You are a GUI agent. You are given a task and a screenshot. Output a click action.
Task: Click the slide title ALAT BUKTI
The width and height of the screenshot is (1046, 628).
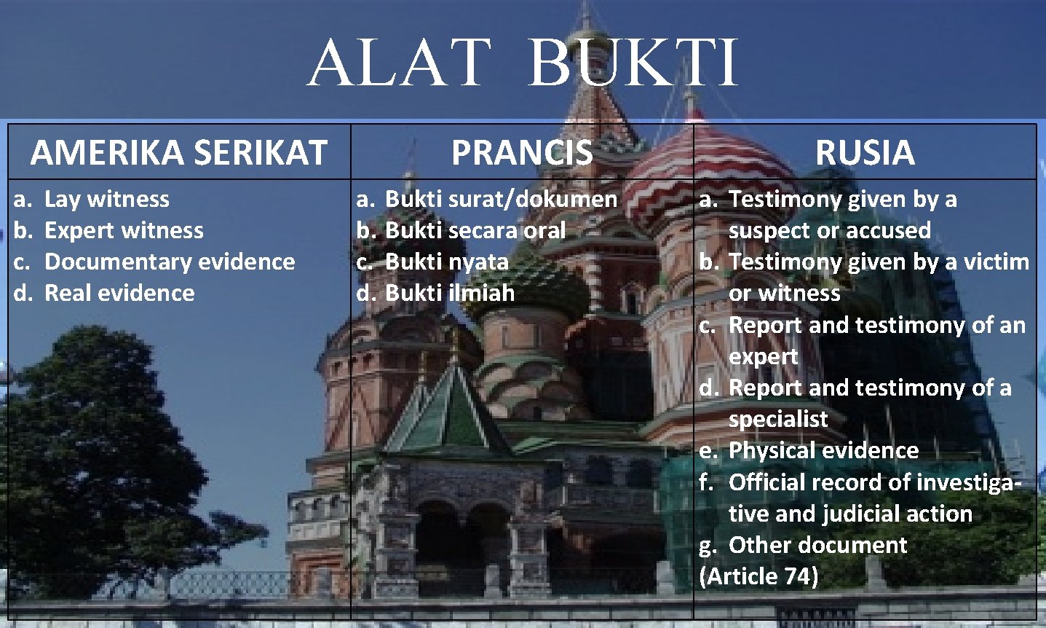523,63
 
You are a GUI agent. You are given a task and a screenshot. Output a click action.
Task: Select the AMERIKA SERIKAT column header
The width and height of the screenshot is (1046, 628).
178,152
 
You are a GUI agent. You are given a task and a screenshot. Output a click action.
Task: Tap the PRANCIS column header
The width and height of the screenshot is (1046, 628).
522,152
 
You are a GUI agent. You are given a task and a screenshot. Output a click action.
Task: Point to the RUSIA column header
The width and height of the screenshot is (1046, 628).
865,152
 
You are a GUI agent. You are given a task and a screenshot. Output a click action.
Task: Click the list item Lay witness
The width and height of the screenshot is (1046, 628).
106,199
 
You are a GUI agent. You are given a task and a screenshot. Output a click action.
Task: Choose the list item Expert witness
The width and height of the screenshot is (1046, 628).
124,230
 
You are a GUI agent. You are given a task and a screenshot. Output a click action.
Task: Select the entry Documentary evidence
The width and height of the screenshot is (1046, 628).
170,262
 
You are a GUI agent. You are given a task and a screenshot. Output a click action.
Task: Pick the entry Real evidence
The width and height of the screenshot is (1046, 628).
119,293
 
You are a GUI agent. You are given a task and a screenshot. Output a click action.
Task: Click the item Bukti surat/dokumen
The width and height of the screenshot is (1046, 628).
501,199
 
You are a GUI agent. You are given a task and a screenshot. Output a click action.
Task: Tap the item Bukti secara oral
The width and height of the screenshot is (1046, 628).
475,230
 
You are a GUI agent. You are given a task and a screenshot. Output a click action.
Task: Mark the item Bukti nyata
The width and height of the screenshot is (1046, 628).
446,262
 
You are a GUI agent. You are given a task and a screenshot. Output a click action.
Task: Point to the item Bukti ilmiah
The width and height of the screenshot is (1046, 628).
449,293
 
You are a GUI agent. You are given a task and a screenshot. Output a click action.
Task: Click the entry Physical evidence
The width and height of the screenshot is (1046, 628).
823,450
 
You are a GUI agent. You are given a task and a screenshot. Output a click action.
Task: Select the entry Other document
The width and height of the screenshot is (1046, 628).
817,545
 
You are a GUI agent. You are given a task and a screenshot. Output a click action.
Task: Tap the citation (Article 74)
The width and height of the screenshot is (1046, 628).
758,576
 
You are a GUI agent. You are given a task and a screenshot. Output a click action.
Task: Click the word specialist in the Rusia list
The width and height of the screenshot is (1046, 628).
778,419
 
